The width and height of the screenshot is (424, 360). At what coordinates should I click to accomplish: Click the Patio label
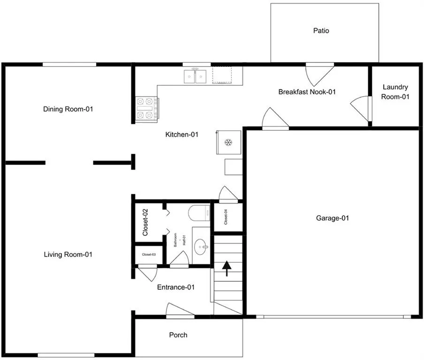click(x=321, y=30)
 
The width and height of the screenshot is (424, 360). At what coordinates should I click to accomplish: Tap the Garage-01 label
click(x=333, y=218)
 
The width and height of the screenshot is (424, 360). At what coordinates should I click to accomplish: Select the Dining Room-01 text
click(x=68, y=109)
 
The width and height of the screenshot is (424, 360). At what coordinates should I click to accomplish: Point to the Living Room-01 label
click(x=68, y=255)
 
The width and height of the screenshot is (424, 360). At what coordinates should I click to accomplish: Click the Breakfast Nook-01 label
click(x=307, y=92)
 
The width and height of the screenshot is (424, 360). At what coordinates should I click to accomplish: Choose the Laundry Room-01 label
click(x=395, y=92)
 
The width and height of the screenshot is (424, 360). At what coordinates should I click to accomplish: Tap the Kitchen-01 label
click(x=182, y=135)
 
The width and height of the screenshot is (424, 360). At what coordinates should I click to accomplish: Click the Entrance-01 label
click(x=176, y=287)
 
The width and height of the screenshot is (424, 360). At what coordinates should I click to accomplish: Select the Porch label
click(x=178, y=335)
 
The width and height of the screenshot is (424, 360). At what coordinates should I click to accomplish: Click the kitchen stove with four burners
click(x=147, y=108)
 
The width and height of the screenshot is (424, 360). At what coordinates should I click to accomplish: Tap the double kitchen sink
click(x=195, y=76)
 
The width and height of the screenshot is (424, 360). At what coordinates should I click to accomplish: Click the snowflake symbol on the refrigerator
click(x=228, y=142)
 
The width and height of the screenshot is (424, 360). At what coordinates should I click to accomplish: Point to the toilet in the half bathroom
click(x=199, y=213)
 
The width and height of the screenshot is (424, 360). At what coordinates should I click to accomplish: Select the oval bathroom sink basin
click(x=201, y=247)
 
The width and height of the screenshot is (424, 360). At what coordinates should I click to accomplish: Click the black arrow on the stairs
click(x=227, y=269)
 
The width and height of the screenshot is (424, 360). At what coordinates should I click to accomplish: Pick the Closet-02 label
click(x=145, y=222)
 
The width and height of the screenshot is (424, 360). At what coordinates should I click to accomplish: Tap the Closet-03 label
click(x=149, y=255)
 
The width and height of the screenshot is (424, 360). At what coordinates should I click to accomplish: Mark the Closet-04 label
click(x=226, y=217)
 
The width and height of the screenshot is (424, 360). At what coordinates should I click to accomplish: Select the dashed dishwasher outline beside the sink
click(x=222, y=75)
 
